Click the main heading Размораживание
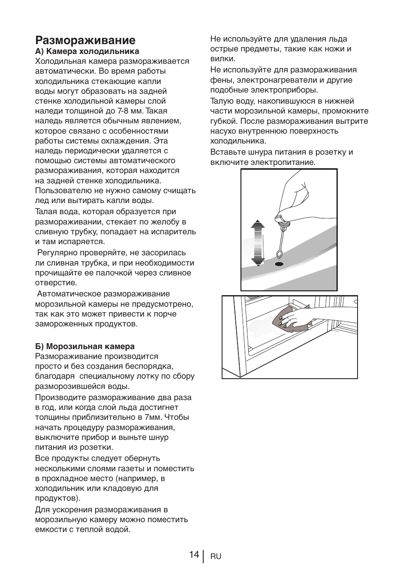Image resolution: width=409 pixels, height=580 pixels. click(x=85, y=40)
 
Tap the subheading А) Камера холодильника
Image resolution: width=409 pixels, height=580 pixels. click(x=87, y=51)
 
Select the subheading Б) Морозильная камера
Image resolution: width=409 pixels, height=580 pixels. click(x=85, y=346)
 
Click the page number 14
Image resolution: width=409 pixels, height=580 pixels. click(x=194, y=555)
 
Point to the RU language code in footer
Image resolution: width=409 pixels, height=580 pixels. click(x=216, y=556)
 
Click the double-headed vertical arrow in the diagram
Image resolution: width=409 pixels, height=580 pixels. click(x=257, y=242)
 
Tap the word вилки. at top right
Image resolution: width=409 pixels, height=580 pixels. click(x=222, y=59)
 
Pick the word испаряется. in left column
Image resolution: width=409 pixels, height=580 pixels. click(x=84, y=242)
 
